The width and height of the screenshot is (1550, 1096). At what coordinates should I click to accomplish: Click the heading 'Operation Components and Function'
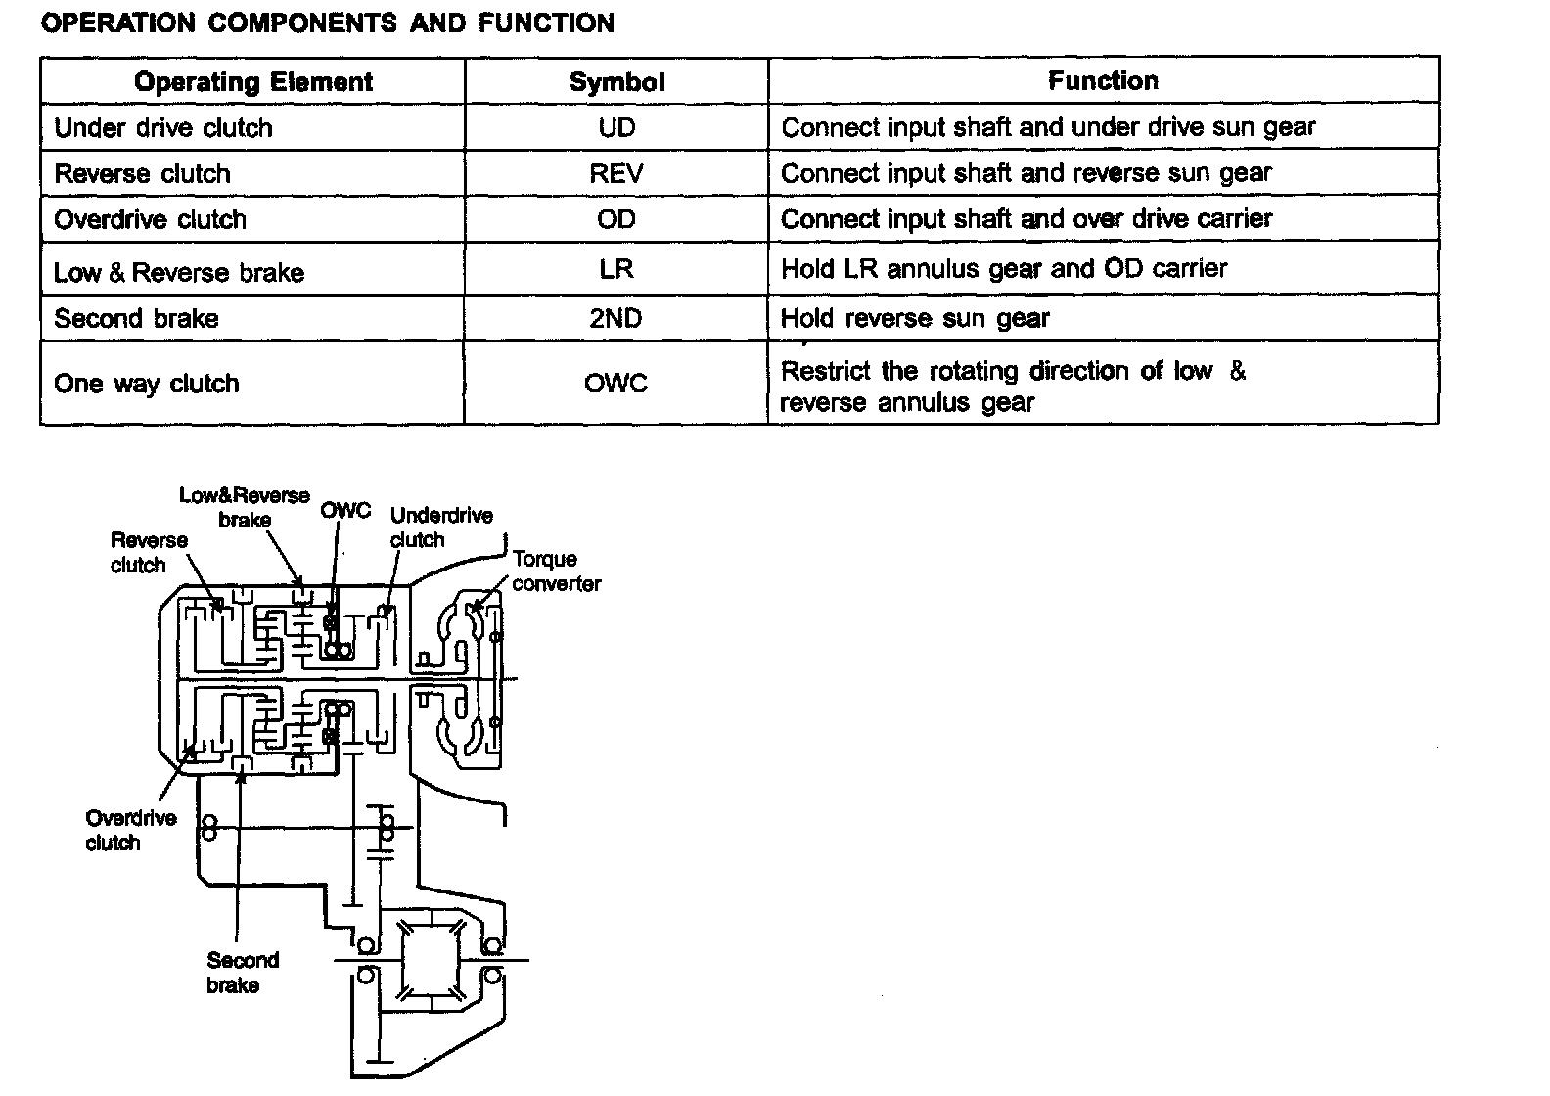328,23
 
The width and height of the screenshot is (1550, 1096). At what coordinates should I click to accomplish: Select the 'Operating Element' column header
253,81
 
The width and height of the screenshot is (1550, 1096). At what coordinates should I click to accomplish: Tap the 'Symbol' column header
616,82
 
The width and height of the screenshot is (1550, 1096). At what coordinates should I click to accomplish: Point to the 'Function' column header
1103,80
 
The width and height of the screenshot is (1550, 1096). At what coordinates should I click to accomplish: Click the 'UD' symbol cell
616,127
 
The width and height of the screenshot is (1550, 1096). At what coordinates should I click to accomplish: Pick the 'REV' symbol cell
616,173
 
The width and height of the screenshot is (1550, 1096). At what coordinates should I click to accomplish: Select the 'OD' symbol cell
616,219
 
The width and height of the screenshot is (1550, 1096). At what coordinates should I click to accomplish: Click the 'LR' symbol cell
616,268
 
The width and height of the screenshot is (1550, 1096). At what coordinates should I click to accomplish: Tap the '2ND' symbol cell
616,318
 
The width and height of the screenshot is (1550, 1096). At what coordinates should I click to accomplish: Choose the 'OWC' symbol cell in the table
616,383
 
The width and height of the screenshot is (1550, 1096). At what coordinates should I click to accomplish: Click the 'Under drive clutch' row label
163,128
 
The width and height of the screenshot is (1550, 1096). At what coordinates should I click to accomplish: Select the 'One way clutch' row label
147,383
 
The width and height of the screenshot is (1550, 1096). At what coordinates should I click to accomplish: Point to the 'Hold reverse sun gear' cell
915,318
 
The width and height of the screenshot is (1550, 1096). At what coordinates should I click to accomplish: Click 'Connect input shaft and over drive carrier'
1026,219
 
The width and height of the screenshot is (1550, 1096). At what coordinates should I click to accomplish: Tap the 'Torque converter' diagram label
555,571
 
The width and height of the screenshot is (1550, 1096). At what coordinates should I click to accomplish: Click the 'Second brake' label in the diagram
242,973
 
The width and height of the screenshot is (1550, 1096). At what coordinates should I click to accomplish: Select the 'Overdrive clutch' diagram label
130,831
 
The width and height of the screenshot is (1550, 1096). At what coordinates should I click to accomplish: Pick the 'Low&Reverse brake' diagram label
244,507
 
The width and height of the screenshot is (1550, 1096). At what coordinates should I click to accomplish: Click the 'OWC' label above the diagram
345,510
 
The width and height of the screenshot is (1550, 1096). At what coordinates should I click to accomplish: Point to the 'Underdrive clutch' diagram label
440,527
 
